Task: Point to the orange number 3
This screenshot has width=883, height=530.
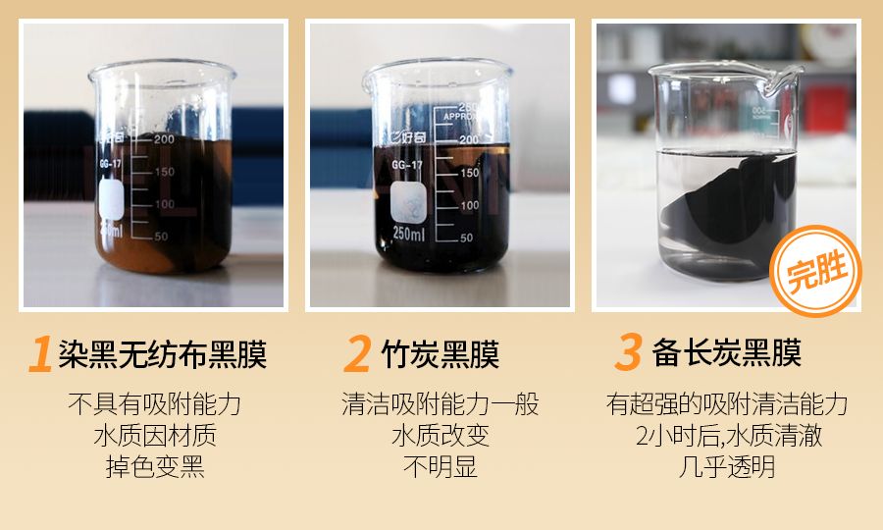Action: coord(627,353)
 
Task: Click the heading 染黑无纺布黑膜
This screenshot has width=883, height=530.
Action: coord(162,354)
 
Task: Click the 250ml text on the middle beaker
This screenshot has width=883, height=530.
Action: coord(408,233)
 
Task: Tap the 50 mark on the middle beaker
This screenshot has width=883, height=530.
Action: coord(467,238)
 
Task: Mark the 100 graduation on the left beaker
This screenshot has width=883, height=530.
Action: coord(161,204)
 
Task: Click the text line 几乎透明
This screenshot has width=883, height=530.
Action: coord(726,466)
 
